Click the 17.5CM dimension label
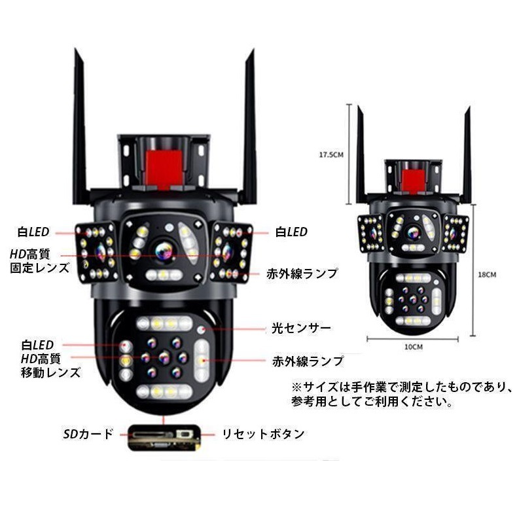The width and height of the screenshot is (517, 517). click(x=331, y=155)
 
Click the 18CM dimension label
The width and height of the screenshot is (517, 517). click(x=487, y=275)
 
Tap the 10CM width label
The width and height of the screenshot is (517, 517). click(x=413, y=347)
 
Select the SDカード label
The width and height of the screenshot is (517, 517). click(x=88, y=433)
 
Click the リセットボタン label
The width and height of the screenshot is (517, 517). click(x=262, y=433)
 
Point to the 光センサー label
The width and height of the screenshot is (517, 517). click(x=302, y=328)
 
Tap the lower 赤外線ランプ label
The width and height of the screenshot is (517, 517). click(x=308, y=361)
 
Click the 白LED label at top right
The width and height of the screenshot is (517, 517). click(x=291, y=232)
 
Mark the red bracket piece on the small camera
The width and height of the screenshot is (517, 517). click(x=413, y=180)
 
